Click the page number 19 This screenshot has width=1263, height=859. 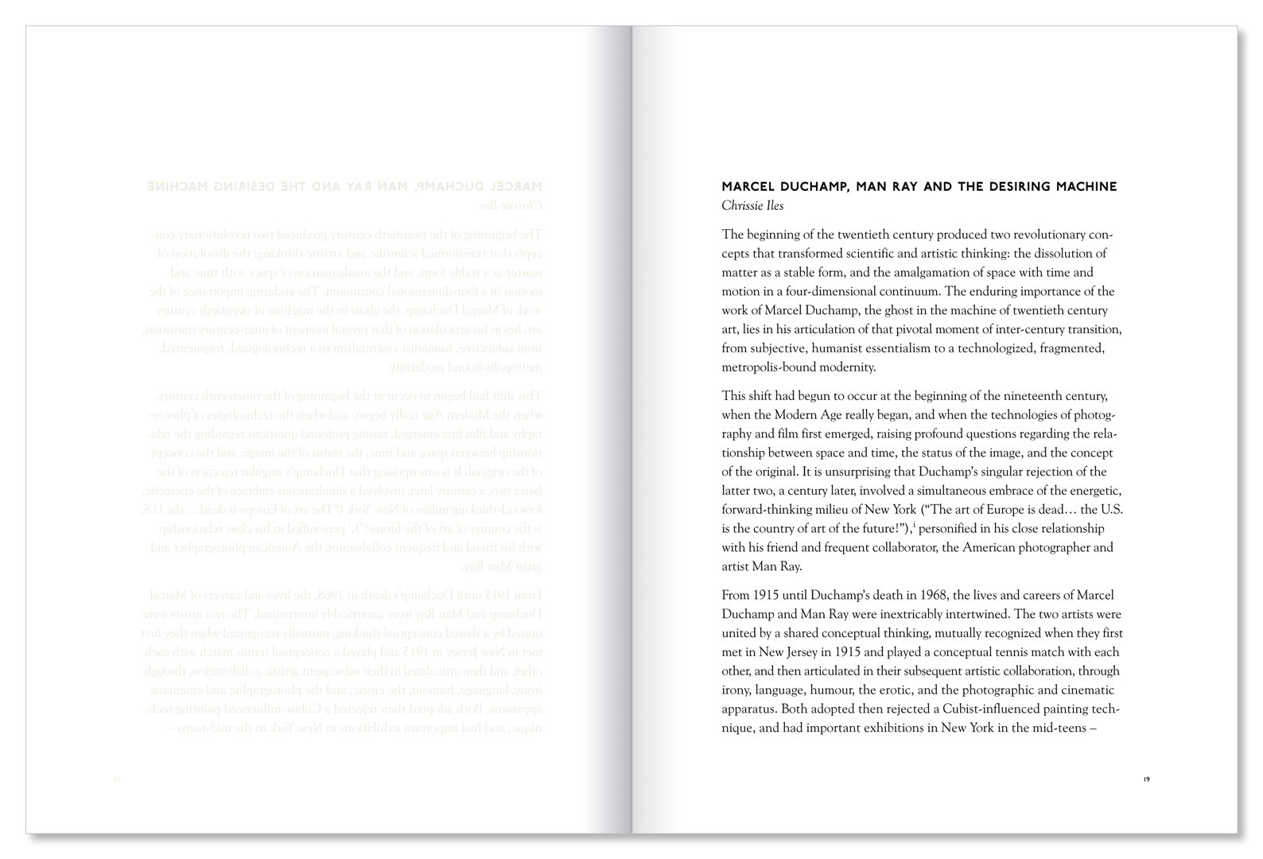[1146, 779]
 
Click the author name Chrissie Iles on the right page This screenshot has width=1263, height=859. [752, 206]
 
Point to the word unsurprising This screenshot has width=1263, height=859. [862, 472]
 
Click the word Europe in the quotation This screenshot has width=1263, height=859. [1009, 510]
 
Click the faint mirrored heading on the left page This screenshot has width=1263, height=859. [344, 187]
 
